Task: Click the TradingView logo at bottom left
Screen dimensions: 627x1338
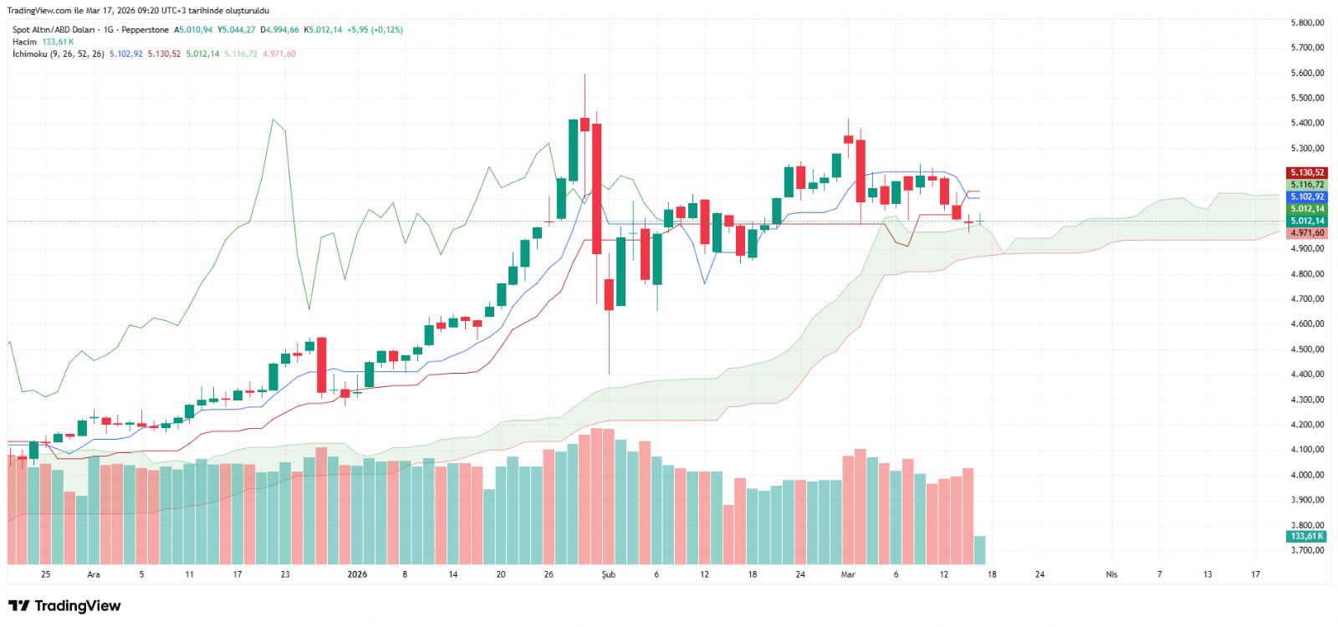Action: point(64,606)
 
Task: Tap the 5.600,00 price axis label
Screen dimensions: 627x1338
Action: point(1307,73)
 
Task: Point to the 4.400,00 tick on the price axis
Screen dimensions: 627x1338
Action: point(1307,375)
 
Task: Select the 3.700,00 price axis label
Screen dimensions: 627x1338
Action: point(1307,550)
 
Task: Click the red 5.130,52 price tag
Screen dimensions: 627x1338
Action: point(1306,173)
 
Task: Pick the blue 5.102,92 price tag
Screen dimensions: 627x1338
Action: point(1306,197)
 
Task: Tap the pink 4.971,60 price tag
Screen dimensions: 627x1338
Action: point(1306,233)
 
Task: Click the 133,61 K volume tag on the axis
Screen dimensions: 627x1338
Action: point(1306,537)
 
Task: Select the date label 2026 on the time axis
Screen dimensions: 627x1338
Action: point(357,574)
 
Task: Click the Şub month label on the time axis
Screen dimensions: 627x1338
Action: point(608,574)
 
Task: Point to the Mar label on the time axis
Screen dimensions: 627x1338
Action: point(848,574)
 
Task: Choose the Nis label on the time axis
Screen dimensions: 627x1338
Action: point(1111,574)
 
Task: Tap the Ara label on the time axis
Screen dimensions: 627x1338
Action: point(94,574)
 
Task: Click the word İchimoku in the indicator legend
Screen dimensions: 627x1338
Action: point(29,54)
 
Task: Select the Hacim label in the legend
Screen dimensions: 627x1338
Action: point(24,42)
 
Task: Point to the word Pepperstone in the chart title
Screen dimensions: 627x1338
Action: point(145,30)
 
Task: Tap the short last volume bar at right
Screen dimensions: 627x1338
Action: point(979,550)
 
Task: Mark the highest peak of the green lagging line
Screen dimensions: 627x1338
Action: point(273,120)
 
